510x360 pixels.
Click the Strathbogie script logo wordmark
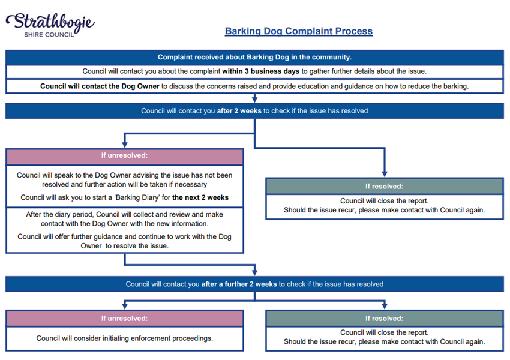(x=50, y=22)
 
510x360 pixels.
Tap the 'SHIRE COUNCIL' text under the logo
(x=49, y=35)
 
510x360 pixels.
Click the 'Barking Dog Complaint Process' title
(x=299, y=31)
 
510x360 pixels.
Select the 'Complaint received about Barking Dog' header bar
(x=254, y=57)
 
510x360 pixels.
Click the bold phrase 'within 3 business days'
(x=260, y=71)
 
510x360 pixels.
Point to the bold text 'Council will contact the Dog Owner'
(x=100, y=86)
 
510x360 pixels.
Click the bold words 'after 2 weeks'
(x=239, y=111)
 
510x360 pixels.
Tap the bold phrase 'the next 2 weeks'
(x=200, y=197)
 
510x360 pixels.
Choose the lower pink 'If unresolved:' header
(x=125, y=319)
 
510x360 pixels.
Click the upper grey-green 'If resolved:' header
(x=385, y=187)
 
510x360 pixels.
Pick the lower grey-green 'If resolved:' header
(x=385, y=319)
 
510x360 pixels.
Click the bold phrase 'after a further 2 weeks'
(x=239, y=284)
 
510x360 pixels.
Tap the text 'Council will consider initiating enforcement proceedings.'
(x=125, y=338)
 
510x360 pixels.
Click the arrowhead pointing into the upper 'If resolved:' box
(x=385, y=174)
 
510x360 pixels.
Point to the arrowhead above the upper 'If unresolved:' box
(x=125, y=145)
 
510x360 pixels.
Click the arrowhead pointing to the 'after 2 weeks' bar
(x=254, y=99)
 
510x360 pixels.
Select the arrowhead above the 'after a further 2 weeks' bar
(x=254, y=272)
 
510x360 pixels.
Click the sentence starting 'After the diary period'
(x=125, y=219)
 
